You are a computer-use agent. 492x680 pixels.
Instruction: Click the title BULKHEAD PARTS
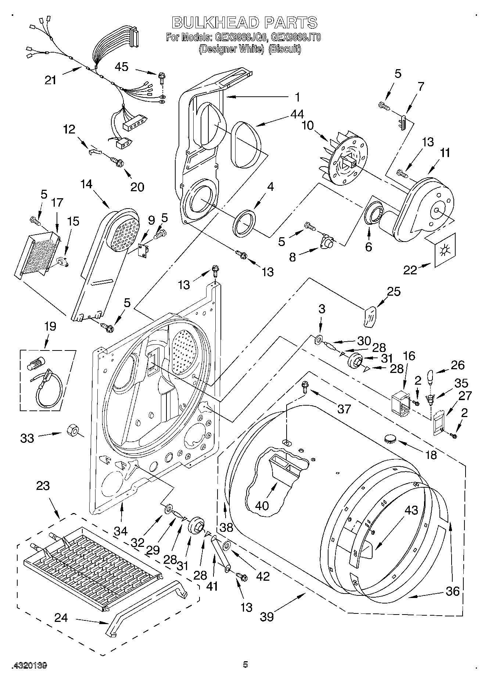pos(245,23)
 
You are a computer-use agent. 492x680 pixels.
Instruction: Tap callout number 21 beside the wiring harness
pos(50,80)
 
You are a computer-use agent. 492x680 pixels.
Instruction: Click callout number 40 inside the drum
pos(262,506)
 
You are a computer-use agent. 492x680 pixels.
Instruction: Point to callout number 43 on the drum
pos(412,510)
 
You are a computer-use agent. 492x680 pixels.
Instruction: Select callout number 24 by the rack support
pos(61,618)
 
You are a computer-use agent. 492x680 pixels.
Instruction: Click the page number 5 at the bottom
pos(245,664)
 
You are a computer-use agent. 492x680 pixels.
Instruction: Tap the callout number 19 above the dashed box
pos(50,326)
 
